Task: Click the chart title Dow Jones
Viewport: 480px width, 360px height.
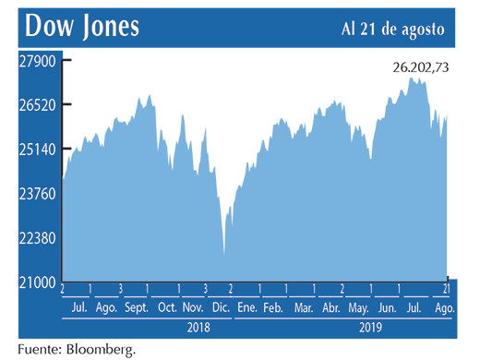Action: (x=82, y=27)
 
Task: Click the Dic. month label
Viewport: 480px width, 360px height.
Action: (x=221, y=307)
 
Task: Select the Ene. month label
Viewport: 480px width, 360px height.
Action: (x=246, y=307)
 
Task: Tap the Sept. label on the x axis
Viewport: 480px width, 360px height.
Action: (x=137, y=307)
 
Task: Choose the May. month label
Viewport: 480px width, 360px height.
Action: (x=360, y=307)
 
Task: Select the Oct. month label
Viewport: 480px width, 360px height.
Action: (x=167, y=307)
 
